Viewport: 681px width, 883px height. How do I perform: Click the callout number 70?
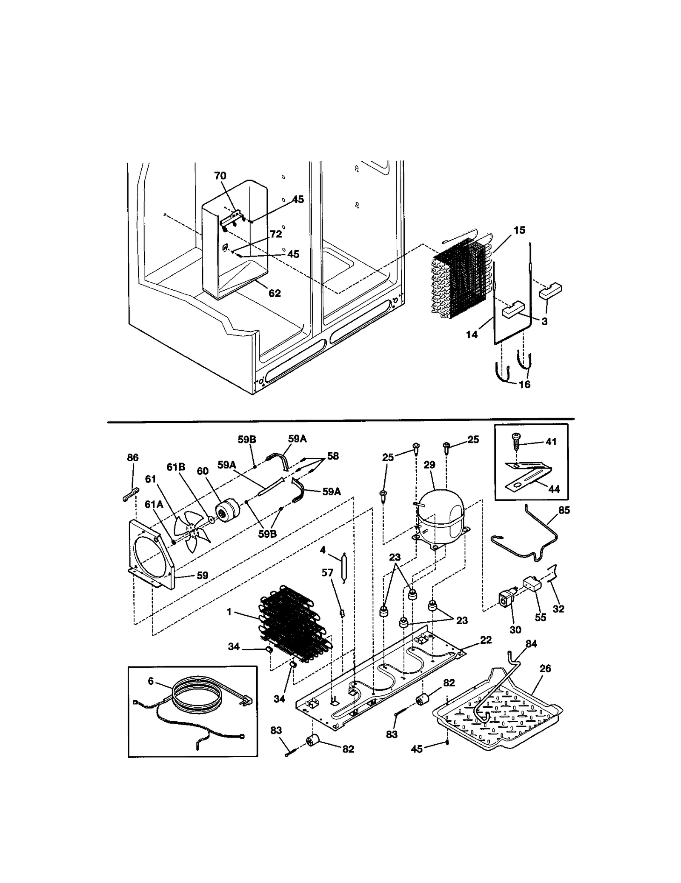click(220, 176)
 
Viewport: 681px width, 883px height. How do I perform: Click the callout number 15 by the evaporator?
click(519, 230)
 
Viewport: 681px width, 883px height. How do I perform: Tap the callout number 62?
click(275, 293)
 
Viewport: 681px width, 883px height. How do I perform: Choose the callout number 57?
click(327, 573)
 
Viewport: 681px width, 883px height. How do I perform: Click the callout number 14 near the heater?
click(472, 334)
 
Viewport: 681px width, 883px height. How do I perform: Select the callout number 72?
click(276, 234)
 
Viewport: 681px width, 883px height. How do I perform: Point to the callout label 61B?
click(176, 467)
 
